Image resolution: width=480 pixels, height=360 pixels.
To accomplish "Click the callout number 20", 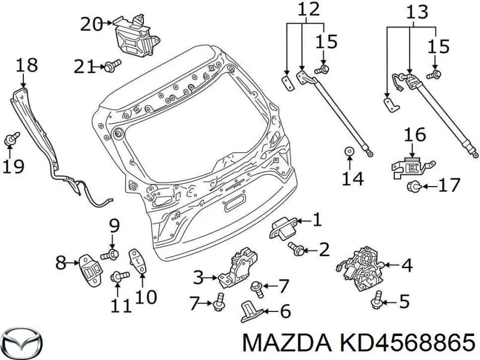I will click(92, 24).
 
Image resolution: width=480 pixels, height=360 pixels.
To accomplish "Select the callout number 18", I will click(27, 65).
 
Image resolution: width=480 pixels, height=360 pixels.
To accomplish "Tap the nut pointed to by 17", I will click(413, 187).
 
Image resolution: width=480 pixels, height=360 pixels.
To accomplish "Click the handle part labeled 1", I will click(281, 227).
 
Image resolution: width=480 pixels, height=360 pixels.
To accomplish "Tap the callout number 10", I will click(146, 296).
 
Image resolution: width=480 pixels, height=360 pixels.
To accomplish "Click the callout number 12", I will click(308, 10).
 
